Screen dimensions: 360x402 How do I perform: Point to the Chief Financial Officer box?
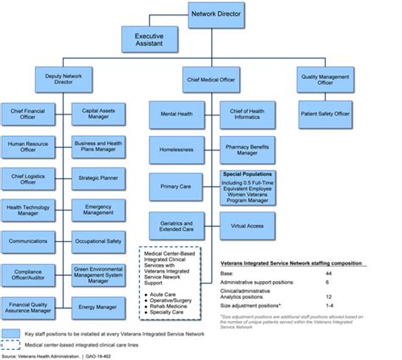point(29,114)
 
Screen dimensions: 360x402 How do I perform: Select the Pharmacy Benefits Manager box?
point(248,149)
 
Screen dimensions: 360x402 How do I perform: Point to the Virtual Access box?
point(248,226)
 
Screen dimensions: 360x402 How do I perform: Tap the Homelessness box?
point(176,149)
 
